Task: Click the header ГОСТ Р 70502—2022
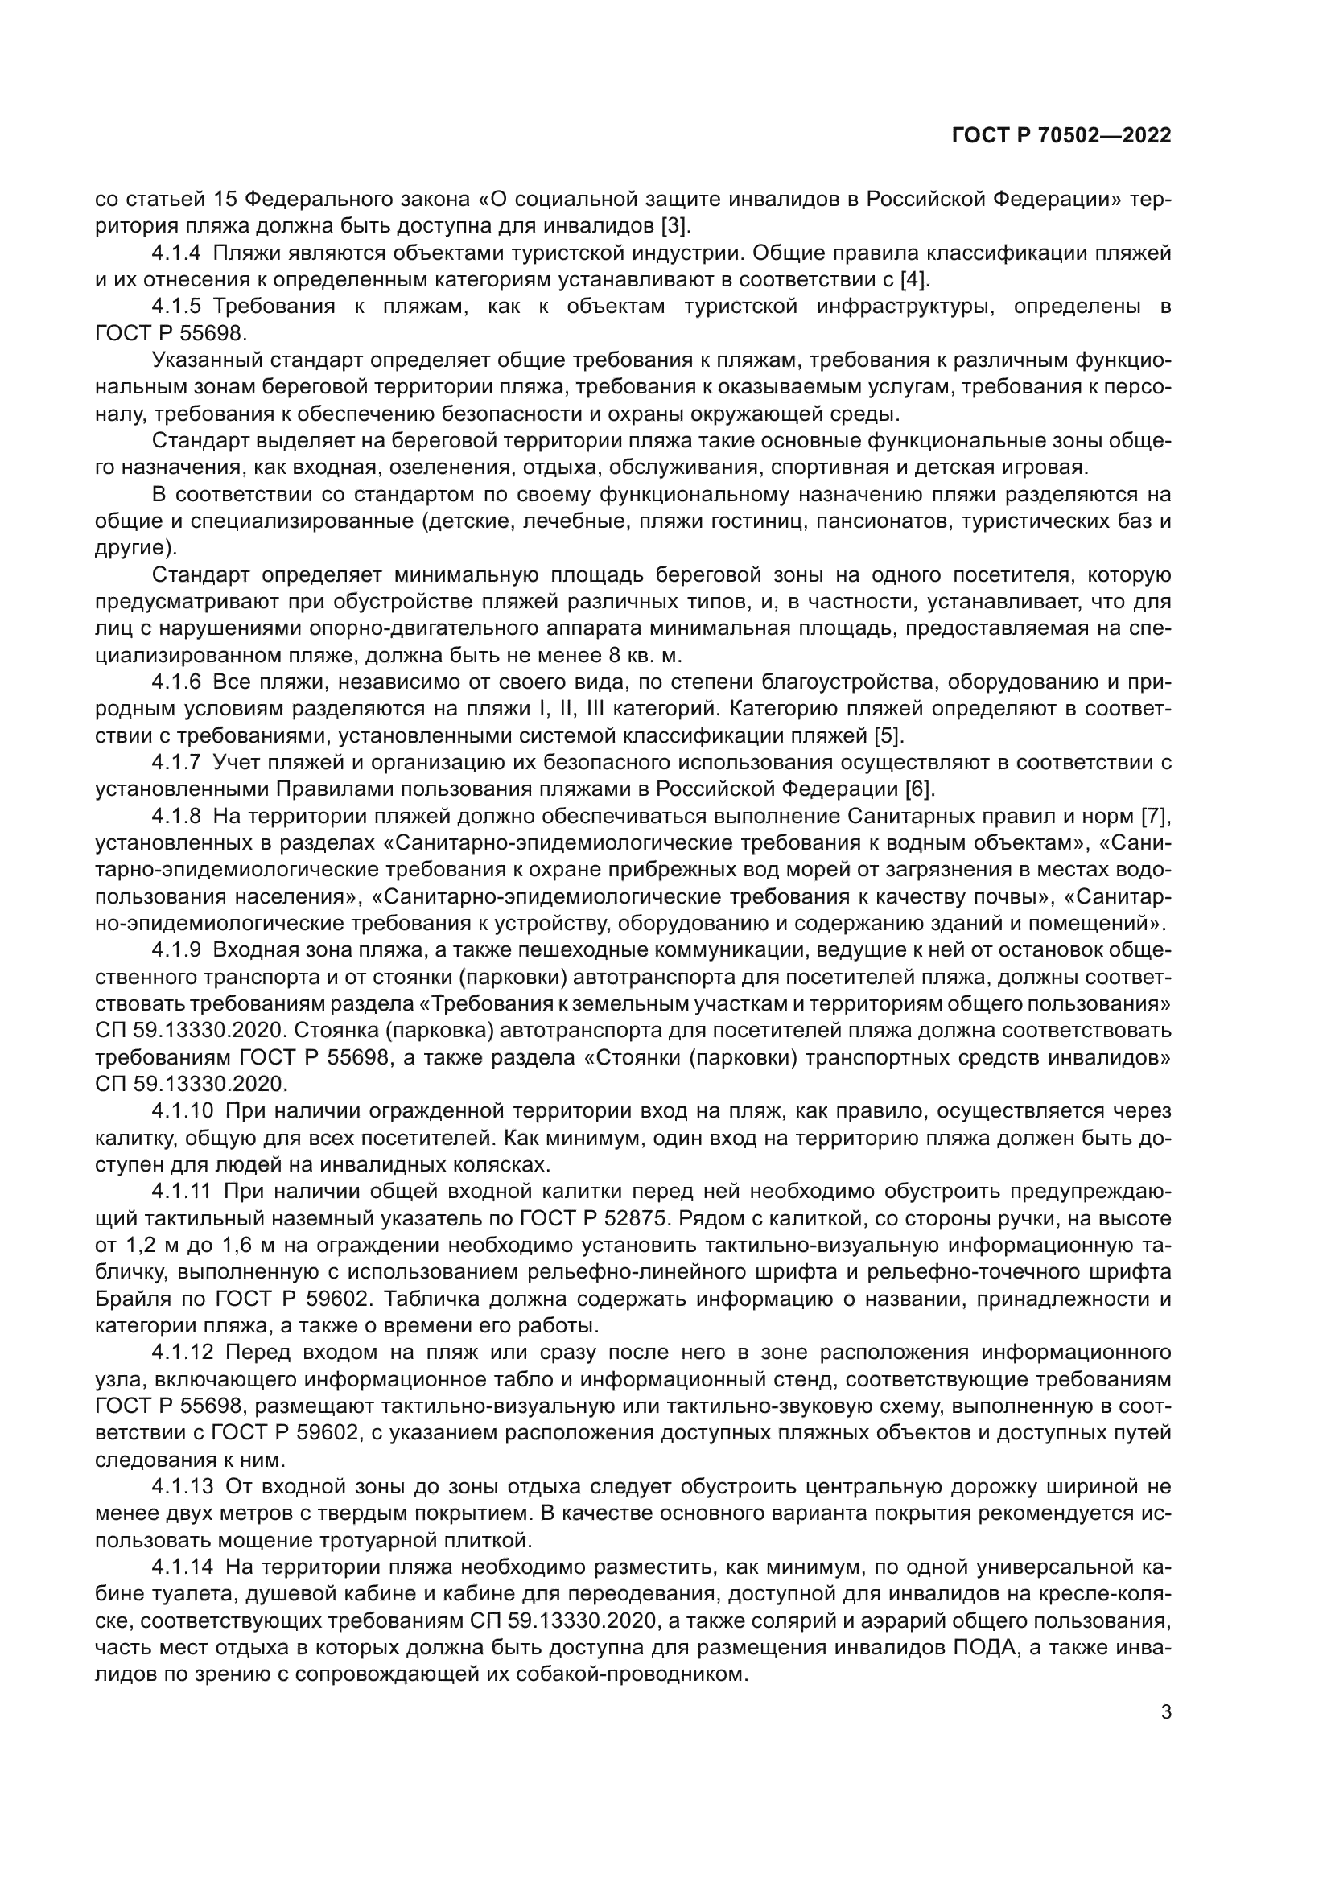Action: tap(1061, 136)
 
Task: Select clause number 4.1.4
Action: tap(176, 253)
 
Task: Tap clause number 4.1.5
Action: tap(176, 307)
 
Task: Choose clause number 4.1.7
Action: tap(176, 762)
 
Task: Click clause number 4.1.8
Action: tap(176, 816)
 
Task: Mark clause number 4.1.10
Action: tap(182, 1110)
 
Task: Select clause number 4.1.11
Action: tap(182, 1191)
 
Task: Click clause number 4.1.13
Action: tap(182, 1486)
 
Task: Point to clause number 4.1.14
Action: tap(182, 1567)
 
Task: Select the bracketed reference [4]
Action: tap(915, 279)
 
